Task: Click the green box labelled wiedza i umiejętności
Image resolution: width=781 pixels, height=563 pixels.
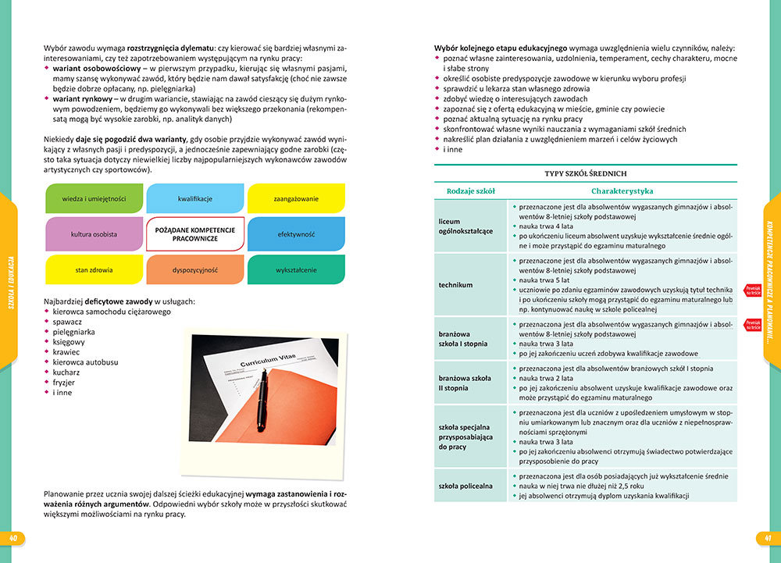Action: [94, 198]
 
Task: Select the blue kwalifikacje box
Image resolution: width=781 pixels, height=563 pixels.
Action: [195, 198]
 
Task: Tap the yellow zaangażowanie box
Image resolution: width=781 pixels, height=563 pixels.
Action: [295, 198]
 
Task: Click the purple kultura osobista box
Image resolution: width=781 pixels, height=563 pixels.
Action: [94, 234]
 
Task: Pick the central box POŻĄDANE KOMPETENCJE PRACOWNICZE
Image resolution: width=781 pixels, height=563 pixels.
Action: [195, 233]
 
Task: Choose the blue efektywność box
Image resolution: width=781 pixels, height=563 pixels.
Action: [295, 234]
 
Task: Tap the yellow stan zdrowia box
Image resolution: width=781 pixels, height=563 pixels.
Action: [94, 269]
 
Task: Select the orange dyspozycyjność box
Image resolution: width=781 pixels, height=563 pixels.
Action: [195, 269]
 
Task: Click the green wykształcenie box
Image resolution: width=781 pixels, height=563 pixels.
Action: [295, 269]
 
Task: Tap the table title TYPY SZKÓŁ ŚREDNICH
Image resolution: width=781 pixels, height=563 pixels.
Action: [585, 173]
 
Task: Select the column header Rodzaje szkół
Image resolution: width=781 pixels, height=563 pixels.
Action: [470, 191]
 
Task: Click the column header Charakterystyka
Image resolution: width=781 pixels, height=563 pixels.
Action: [622, 191]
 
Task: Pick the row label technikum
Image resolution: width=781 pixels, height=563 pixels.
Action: [455, 285]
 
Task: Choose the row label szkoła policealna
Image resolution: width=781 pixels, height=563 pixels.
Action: [465, 486]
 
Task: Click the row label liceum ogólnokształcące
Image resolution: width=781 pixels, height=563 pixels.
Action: [465, 226]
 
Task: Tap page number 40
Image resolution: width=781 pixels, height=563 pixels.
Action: [14, 538]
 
